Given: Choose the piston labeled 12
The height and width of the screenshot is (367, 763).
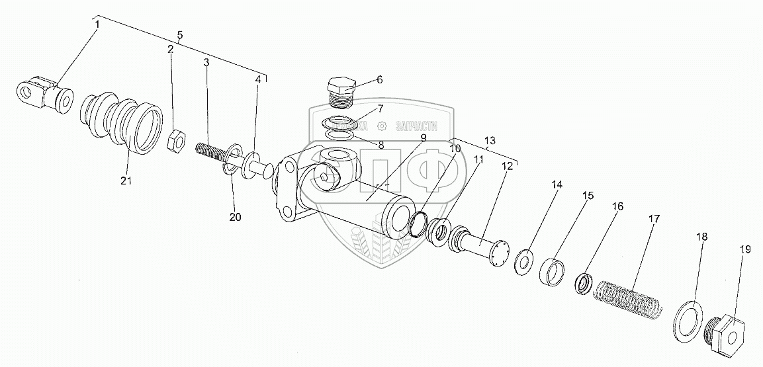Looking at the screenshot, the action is point(483,249).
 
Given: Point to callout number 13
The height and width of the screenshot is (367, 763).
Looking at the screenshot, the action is point(489,141).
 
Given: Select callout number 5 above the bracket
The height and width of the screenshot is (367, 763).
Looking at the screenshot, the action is point(179,35).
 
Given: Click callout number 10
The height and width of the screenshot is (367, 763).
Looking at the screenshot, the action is point(455,149).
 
